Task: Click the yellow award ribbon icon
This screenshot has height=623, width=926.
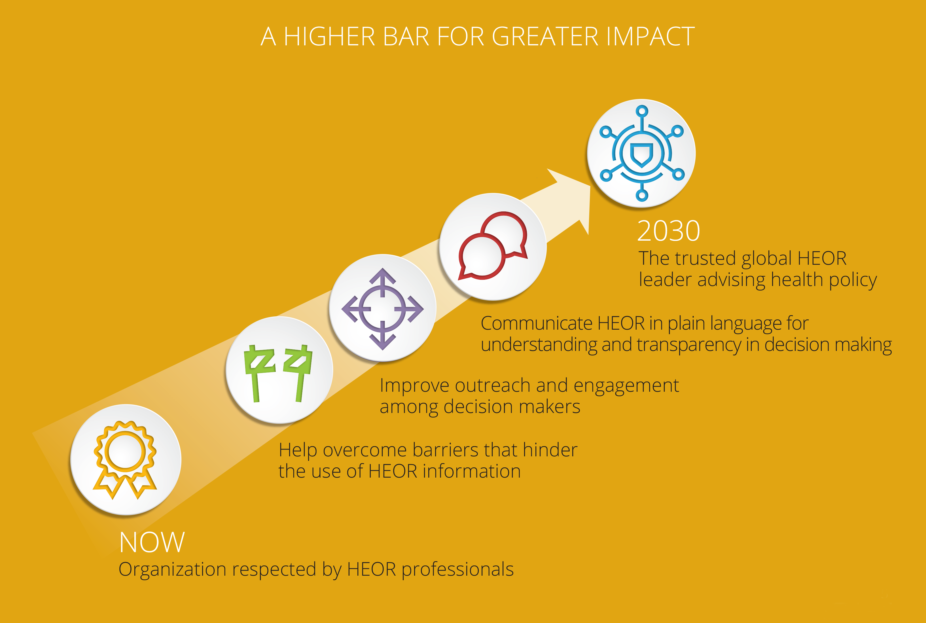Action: click(x=125, y=460)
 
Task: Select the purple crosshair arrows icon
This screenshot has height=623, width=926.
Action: click(x=383, y=309)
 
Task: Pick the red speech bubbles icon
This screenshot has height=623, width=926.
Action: click(x=493, y=245)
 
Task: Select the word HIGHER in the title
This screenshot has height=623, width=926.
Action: click(x=329, y=37)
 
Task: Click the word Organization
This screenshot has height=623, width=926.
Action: click(x=172, y=570)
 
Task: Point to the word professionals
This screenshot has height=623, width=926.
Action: click(x=458, y=570)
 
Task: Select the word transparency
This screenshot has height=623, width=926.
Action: click(x=688, y=345)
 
